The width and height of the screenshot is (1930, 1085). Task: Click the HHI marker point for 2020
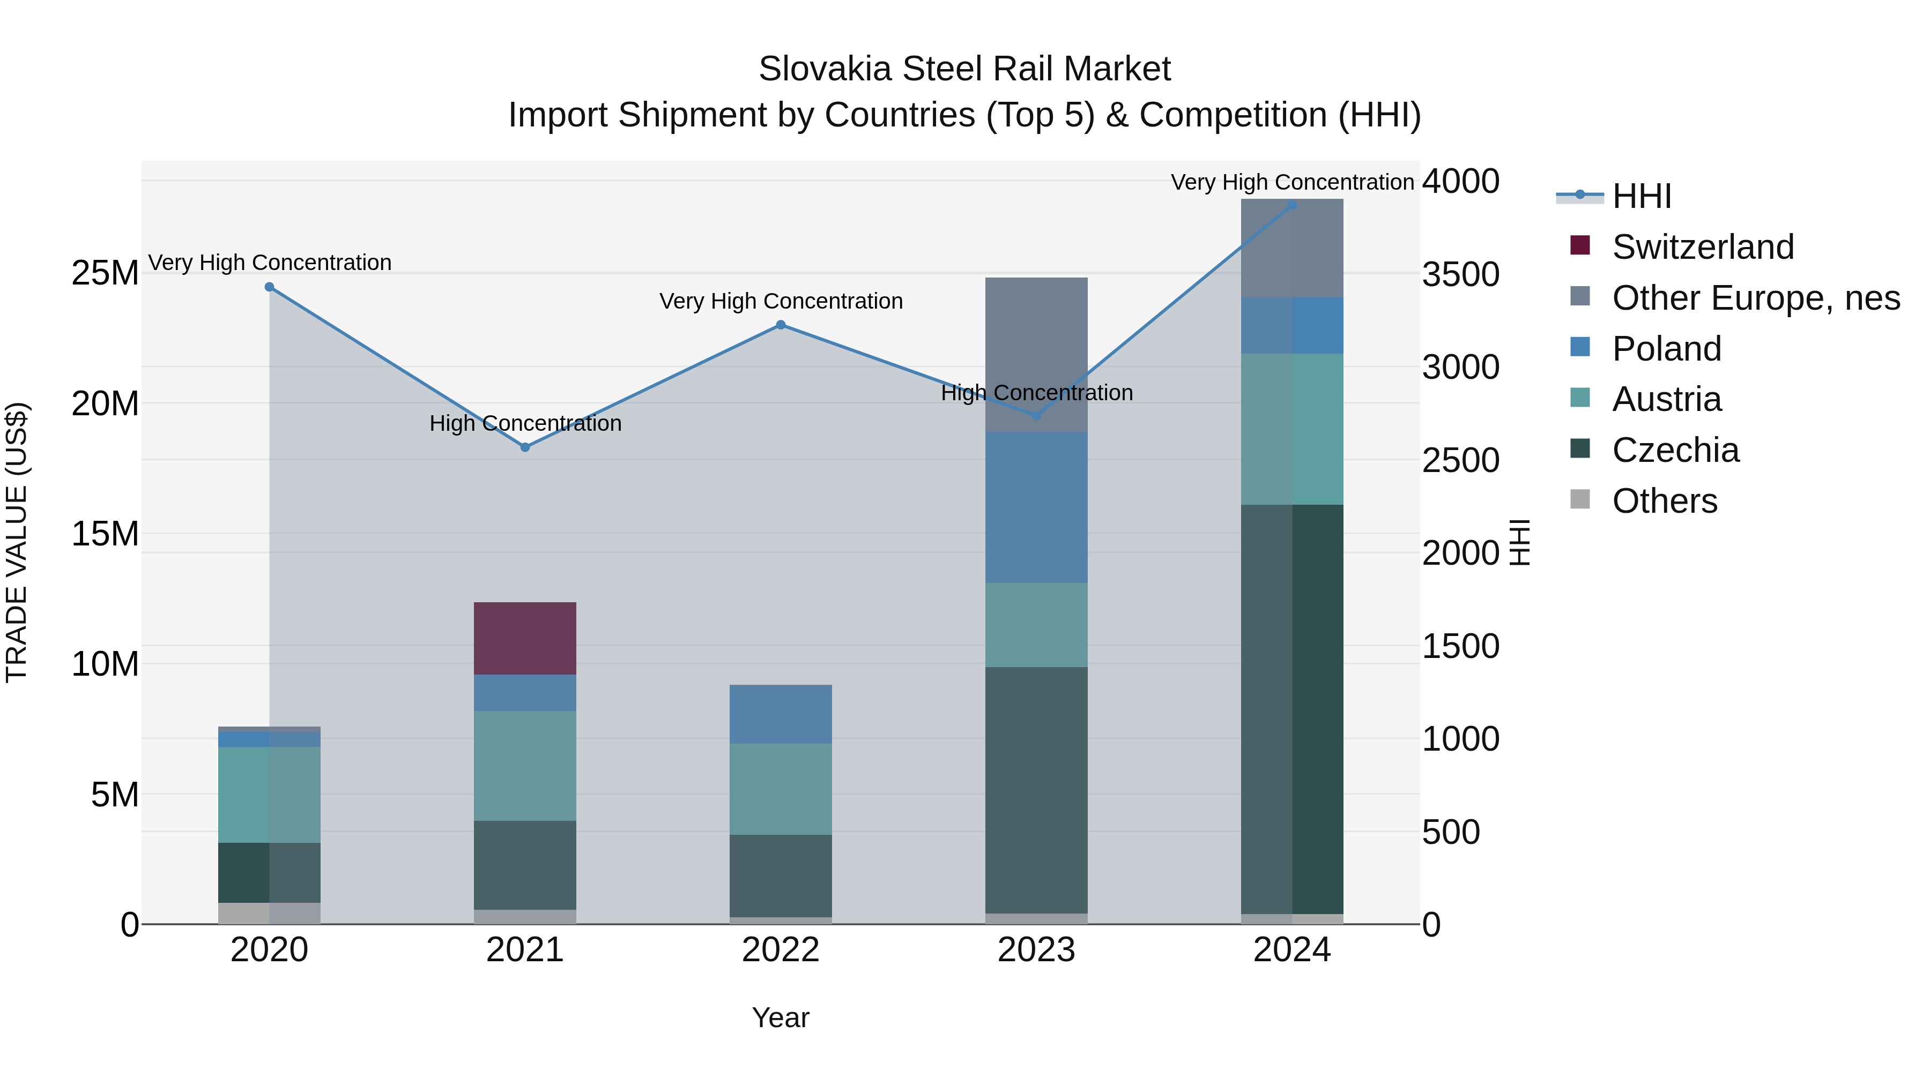point(270,287)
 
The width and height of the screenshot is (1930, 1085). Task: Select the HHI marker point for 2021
point(525,447)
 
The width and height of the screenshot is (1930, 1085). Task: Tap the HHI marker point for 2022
point(781,325)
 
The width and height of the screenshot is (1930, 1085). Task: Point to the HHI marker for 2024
point(1291,205)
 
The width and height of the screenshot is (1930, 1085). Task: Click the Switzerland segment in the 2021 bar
point(525,638)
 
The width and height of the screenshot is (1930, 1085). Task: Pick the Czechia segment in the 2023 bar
point(1036,789)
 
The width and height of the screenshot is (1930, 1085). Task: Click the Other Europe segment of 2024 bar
point(1291,248)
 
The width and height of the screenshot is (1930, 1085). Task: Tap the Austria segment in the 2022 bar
point(781,789)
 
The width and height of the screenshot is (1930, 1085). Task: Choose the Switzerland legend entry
point(1702,247)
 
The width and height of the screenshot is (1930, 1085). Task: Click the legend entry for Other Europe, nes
point(1755,298)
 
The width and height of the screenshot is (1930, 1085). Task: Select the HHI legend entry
point(1641,196)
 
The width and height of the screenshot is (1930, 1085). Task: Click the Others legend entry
point(1664,501)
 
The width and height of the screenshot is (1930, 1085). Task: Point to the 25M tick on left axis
point(105,273)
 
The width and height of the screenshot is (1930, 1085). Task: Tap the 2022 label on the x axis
point(781,950)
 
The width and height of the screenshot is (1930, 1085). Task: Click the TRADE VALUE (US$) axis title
point(17,542)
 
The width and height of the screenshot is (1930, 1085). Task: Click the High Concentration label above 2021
point(525,423)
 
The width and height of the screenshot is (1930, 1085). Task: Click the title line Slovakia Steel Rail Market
point(964,69)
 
